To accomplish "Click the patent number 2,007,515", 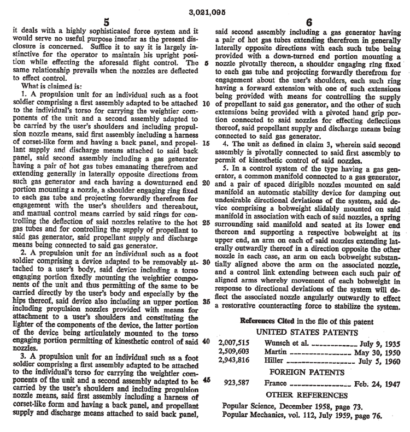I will pos(233,343).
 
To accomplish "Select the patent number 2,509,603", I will pos(233,352).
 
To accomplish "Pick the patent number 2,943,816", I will pos(233,360).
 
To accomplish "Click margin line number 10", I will pos(206,104).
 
